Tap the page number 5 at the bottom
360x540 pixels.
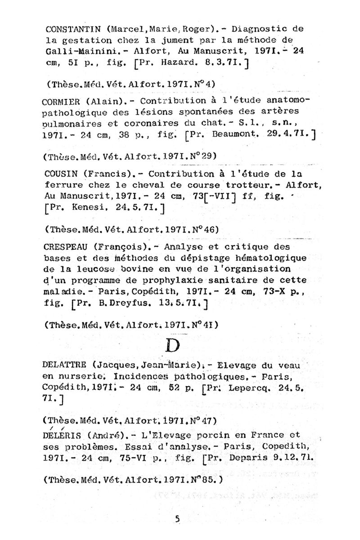pos(178,519)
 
